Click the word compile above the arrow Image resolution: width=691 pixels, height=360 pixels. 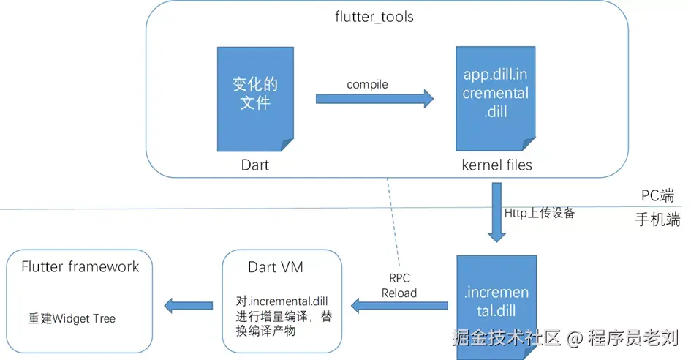pos(367,85)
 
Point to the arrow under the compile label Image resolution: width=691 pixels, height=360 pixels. pos(374,100)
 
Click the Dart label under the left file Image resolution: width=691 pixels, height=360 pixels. pos(255,165)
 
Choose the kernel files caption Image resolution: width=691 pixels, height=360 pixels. pos(496,165)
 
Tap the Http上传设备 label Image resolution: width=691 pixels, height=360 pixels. pos(540,213)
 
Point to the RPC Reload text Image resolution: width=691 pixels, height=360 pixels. pos(399,285)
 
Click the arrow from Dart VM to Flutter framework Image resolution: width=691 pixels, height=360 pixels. pos(188,304)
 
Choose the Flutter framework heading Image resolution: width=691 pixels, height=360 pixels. pos(80,266)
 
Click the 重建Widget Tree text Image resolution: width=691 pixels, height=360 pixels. pos(72,318)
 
